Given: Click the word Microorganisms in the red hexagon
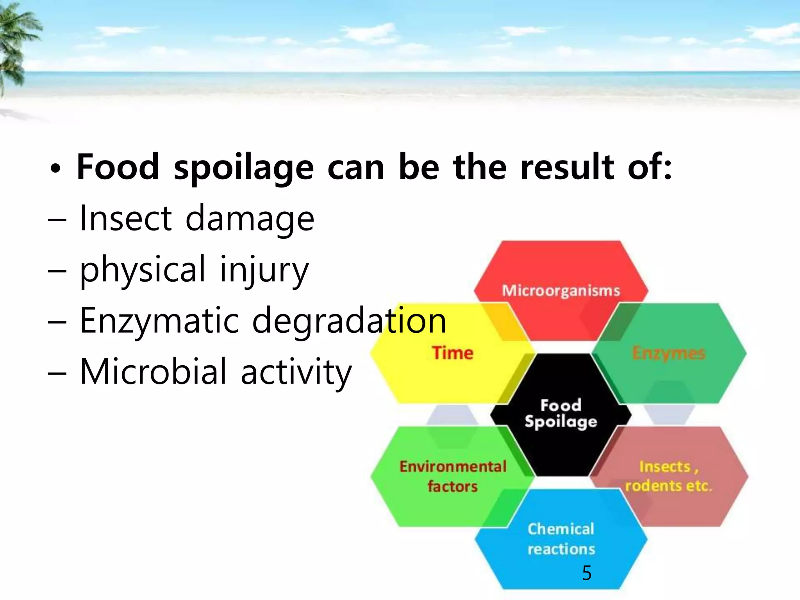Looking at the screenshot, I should [561, 291].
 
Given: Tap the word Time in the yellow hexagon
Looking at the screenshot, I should [453, 353].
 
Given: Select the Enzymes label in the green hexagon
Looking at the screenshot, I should [669, 353].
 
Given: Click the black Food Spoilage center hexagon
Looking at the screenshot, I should [561, 414].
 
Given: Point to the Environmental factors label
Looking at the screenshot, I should [453, 476].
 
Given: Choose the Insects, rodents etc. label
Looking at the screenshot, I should [669, 476].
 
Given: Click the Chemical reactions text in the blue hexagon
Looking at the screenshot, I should [561, 539].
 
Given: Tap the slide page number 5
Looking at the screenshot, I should [587, 573].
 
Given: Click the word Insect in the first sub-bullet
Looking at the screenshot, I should [125, 218].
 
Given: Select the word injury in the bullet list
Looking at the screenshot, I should [264, 270].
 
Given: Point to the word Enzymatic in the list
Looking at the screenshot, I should [159, 321].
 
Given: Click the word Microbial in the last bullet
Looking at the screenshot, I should [153, 371].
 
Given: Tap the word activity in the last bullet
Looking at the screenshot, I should [296, 372].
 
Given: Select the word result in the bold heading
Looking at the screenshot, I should [567, 167].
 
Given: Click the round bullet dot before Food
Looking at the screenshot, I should [55, 169].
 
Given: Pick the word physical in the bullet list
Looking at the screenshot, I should [142, 270].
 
